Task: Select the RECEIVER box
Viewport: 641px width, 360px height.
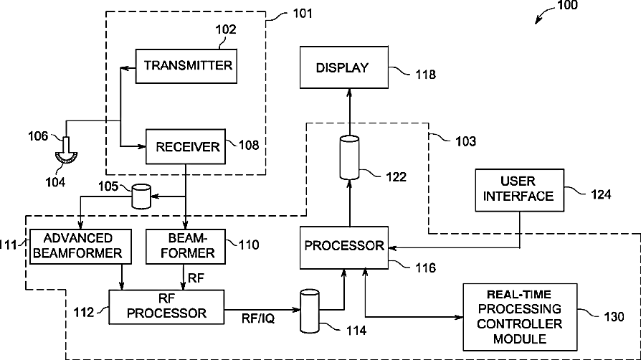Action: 186,147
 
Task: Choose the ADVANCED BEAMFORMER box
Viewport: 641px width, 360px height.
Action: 78,245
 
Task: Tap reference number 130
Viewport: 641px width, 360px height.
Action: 613,316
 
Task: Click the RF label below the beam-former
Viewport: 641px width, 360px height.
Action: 195,276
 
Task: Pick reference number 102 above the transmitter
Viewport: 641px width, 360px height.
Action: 226,31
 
